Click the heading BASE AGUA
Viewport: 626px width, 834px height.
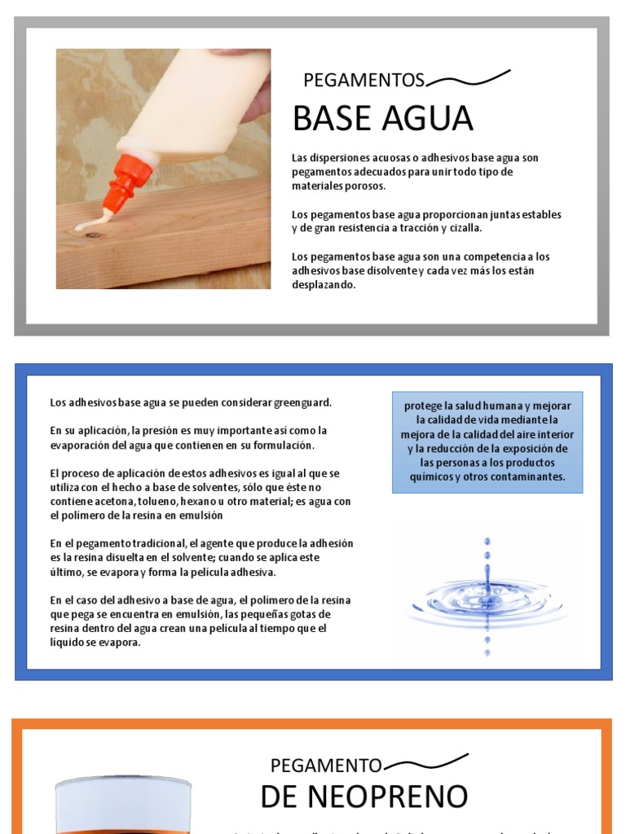pyautogui.click(x=382, y=119)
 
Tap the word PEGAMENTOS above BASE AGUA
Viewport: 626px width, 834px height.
pyautogui.click(x=364, y=80)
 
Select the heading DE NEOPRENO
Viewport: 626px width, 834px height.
pyautogui.click(x=364, y=796)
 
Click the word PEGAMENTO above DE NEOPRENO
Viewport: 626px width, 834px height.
pyautogui.click(x=325, y=766)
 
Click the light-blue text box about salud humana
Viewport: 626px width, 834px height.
pyautogui.click(x=487, y=441)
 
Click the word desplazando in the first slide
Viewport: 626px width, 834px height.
pyautogui.click(x=324, y=285)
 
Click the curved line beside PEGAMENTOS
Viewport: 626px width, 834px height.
pyautogui.click(x=469, y=78)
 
